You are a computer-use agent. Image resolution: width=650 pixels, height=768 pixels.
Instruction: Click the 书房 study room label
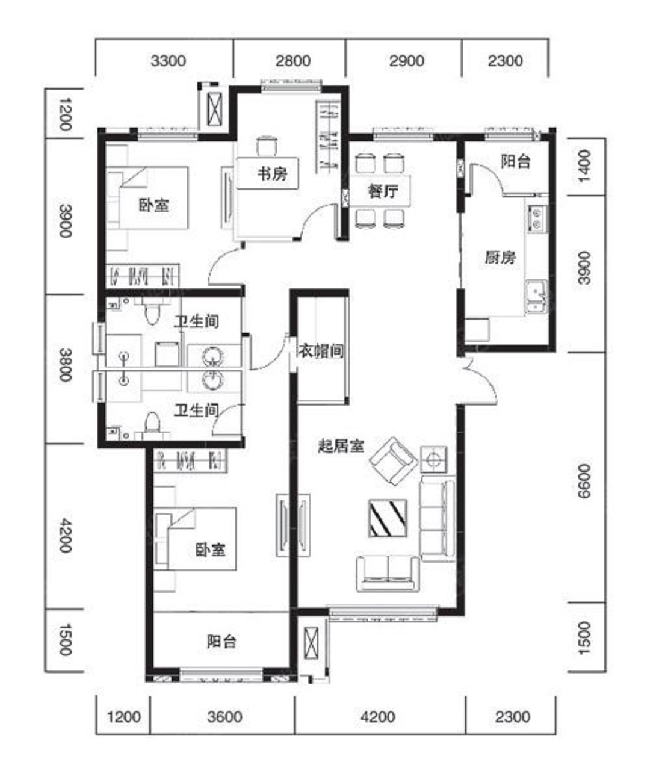pyautogui.click(x=273, y=173)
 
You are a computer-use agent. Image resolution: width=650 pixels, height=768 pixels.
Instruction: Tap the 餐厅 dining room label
pyautogui.click(x=383, y=192)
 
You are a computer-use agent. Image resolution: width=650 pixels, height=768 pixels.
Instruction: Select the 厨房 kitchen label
pyautogui.click(x=501, y=257)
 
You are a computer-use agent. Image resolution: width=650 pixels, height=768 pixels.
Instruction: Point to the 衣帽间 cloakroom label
pyautogui.click(x=321, y=351)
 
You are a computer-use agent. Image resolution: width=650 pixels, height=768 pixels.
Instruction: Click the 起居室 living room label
pyautogui.click(x=341, y=446)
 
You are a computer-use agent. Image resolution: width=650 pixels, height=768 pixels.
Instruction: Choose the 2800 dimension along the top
pyautogui.click(x=293, y=61)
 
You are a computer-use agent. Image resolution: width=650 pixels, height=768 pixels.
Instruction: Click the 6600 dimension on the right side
pyautogui.click(x=584, y=481)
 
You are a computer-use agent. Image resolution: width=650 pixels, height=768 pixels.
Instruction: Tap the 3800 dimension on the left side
pyautogui.click(x=65, y=365)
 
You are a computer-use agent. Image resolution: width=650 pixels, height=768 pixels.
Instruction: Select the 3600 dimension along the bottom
pyautogui.click(x=225, y=717)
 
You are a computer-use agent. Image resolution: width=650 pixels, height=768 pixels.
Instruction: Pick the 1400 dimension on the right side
pyautogui.click(x=584, y=166)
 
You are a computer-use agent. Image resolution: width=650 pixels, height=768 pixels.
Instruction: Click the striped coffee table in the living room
pyautogui.click(x=388, y=518)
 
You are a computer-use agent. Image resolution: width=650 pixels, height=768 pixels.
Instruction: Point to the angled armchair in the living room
pyautogui.click(x=394, y=461)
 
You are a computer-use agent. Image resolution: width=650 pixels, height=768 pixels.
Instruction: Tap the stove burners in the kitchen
pyautogui.click(x=536, y=218)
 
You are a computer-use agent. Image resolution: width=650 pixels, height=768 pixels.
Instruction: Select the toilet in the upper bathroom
pyautogui.click(x=151, y=313)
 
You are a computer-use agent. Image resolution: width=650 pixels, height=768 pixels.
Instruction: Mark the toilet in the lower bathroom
pyautogui.click(x=152, y=422)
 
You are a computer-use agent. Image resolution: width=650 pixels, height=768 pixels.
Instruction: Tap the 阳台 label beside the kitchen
pyautogui.click(x=515, y=161)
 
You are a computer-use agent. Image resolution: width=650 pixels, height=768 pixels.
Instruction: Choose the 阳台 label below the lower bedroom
pyautogui.click(x=221, y=642)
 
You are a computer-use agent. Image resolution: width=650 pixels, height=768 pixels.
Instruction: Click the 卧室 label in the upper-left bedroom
pyautogui.click(x=154, y=205)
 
